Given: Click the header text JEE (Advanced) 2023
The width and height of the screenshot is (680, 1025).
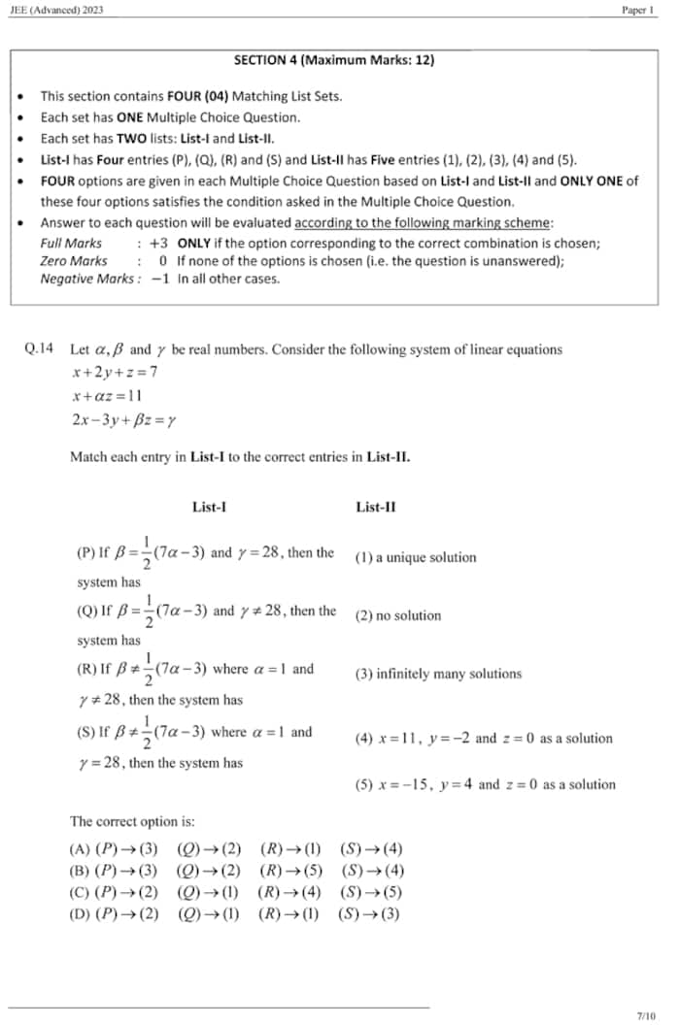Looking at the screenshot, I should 54,10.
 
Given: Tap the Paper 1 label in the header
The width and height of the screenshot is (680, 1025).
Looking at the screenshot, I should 639,10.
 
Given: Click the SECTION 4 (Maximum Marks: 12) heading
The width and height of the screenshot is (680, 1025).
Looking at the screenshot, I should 334,60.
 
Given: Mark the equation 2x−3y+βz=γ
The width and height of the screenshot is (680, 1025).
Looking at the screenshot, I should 123,420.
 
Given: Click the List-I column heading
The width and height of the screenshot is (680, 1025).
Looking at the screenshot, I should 210,507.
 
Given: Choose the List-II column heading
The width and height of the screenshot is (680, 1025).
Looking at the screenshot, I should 376,507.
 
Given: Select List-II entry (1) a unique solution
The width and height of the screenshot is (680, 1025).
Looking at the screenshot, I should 416,558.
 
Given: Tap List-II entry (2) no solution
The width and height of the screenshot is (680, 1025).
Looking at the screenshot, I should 398,616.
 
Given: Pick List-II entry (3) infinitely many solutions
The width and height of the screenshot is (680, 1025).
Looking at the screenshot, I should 438,674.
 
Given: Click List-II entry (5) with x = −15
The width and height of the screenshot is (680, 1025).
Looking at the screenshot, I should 485,784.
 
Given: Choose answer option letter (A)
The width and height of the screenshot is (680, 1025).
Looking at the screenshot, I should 80,848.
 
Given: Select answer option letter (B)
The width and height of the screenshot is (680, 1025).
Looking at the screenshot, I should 80,871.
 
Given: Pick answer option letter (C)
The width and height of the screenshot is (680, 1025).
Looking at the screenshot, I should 80,892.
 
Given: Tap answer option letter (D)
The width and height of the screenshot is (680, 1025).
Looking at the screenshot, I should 80,914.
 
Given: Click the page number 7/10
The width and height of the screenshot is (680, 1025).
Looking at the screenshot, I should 646,1015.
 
